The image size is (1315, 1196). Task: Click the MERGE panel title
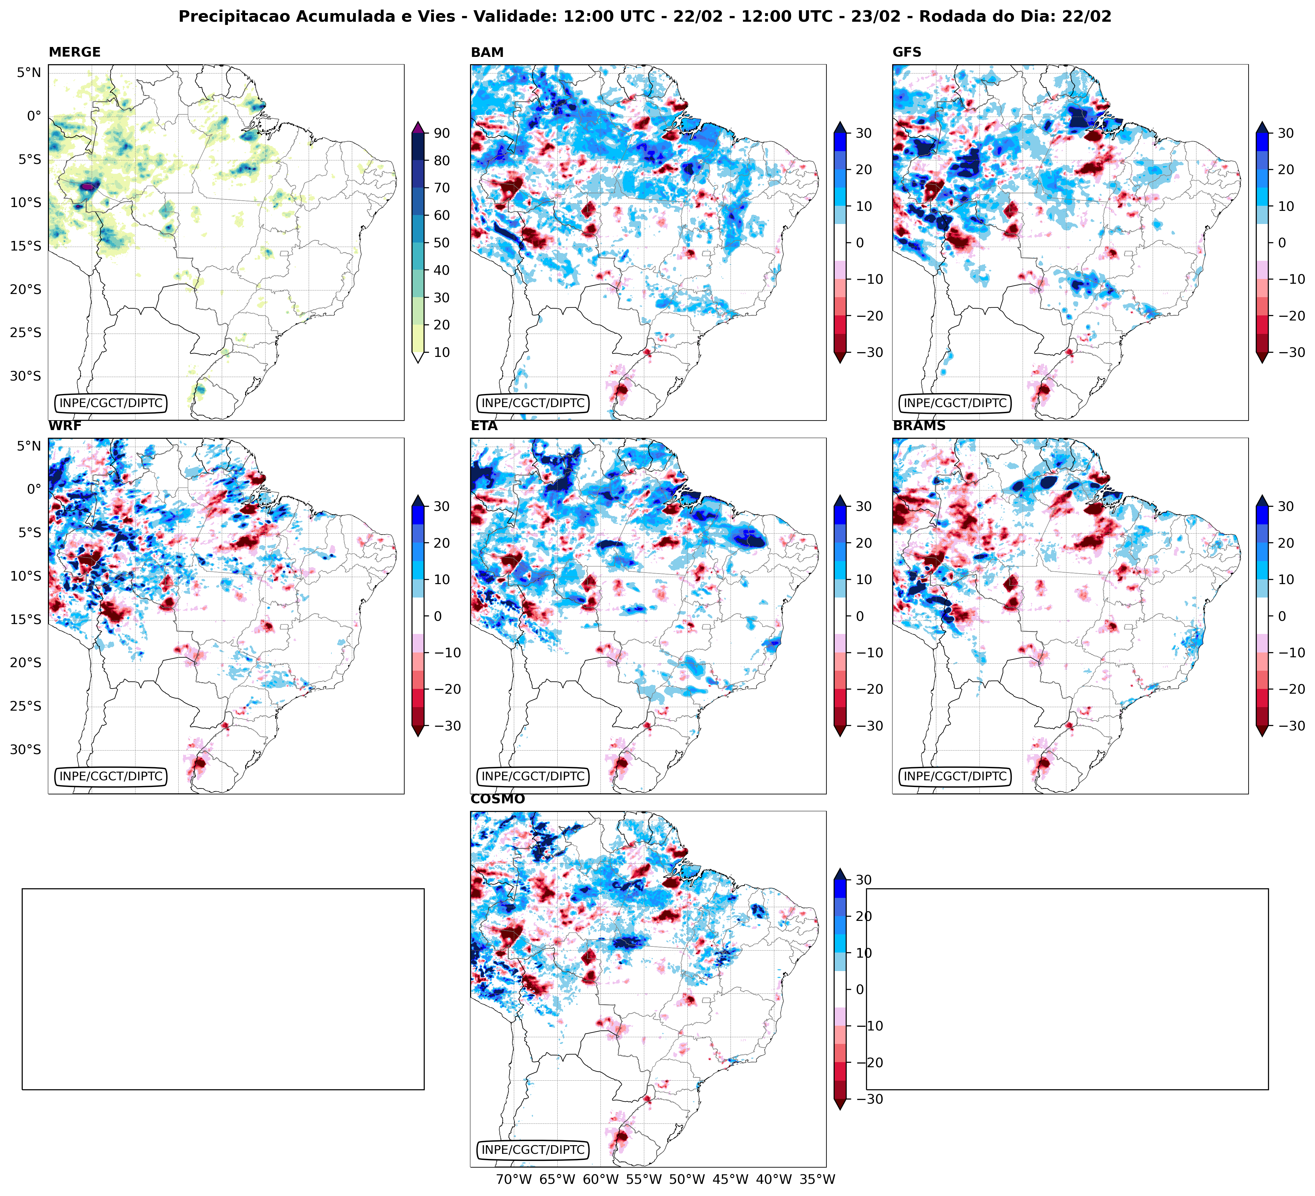click(x=74, y=52)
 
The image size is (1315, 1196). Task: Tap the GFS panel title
click(x=907, y=52)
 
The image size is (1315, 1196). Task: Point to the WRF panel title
click(x=65, y=426)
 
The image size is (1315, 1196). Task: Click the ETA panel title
click(x=484, y=426)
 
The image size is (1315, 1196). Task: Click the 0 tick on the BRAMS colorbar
click(x=1282, y=616)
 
